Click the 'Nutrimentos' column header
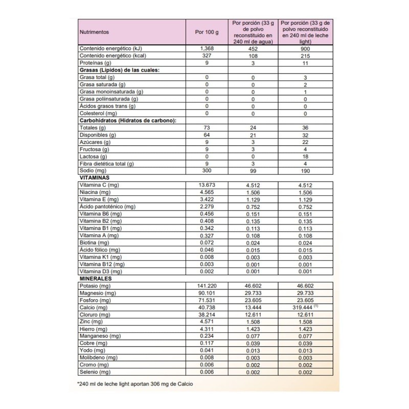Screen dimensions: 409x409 (x=95, y=32)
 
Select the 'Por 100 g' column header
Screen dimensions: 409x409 (x=207, y=32)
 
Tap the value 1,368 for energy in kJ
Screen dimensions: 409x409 (x=207, y=48)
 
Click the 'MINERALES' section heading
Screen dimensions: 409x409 (x=96, y=279)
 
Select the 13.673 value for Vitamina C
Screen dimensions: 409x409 (x=207, y=185)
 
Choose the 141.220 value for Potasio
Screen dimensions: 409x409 (x=207, y=286)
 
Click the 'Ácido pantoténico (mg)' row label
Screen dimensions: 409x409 (x=107, y=207)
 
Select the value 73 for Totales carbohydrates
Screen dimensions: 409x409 (x=207, y=127)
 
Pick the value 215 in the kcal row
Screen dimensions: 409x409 (x=305, y=55)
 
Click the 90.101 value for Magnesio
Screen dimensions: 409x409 (x=207, y=293)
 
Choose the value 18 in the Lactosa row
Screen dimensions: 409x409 (x=305, y=156)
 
